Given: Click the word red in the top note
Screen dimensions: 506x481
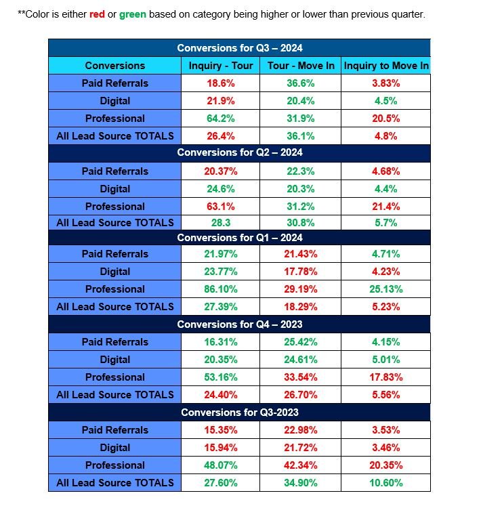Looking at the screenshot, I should [98, 14].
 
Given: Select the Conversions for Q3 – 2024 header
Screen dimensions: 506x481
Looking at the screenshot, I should [239, 48].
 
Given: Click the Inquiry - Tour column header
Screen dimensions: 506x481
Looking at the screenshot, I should [220, 66].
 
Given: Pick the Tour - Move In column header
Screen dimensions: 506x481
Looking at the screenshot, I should [300, 66].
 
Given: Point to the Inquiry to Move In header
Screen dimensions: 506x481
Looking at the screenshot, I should [385, 66].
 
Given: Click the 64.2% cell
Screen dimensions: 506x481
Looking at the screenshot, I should [220, 119].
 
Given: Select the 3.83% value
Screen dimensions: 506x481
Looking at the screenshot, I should [385, 83].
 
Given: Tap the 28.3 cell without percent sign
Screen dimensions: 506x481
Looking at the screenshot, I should [220, 223].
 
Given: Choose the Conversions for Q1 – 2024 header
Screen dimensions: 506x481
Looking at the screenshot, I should [239, 238].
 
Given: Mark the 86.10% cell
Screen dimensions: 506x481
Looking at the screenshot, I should [220, 289].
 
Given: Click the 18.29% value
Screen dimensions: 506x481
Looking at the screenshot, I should [300, 307].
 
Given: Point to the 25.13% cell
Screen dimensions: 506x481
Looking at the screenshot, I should [385, 289].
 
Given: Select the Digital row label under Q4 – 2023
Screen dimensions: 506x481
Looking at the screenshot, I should [114, 360].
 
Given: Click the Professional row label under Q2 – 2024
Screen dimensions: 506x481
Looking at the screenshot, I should [114, 207].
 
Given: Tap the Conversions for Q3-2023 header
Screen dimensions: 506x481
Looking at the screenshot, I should [239, 413].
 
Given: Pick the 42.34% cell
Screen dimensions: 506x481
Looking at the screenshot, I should [300, 465].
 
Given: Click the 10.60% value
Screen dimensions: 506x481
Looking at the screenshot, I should [385, 483].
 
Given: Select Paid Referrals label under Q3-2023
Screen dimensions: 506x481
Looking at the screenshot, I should [114, 430].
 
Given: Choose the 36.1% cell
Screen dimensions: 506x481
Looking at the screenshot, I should [300, 136].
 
